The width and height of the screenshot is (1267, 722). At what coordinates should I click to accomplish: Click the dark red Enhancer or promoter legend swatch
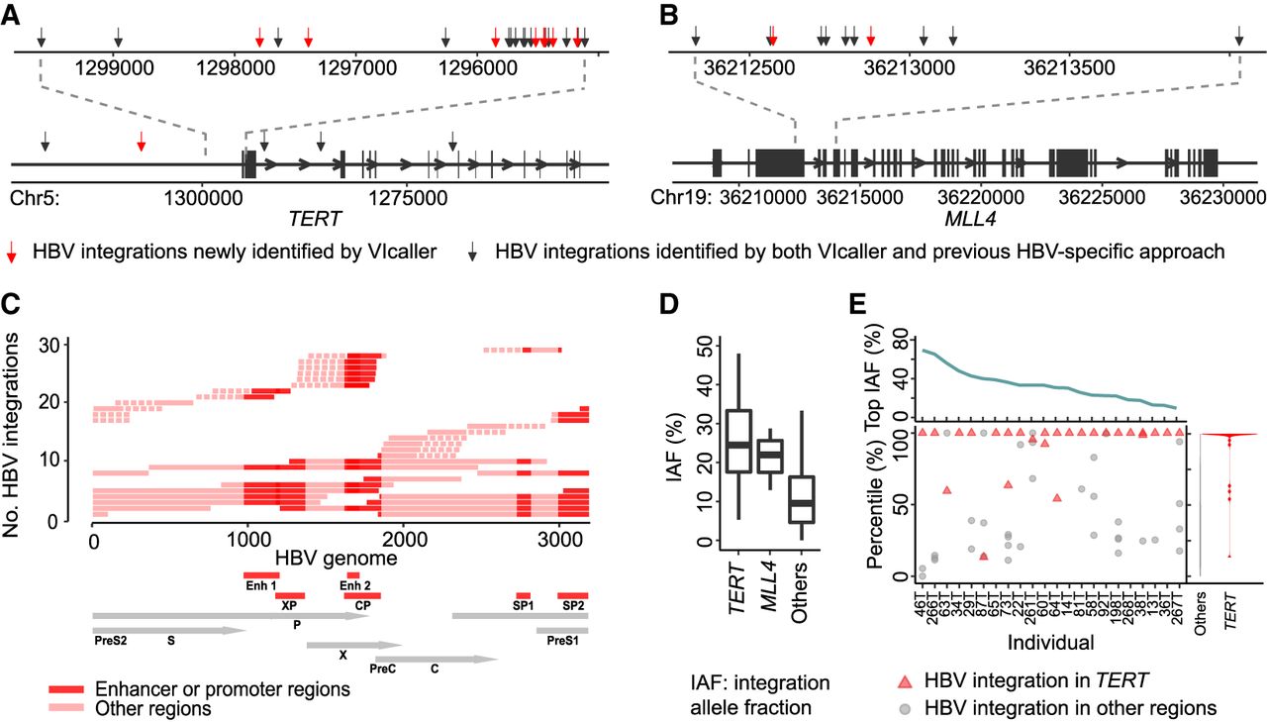(x=68, y=689)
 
